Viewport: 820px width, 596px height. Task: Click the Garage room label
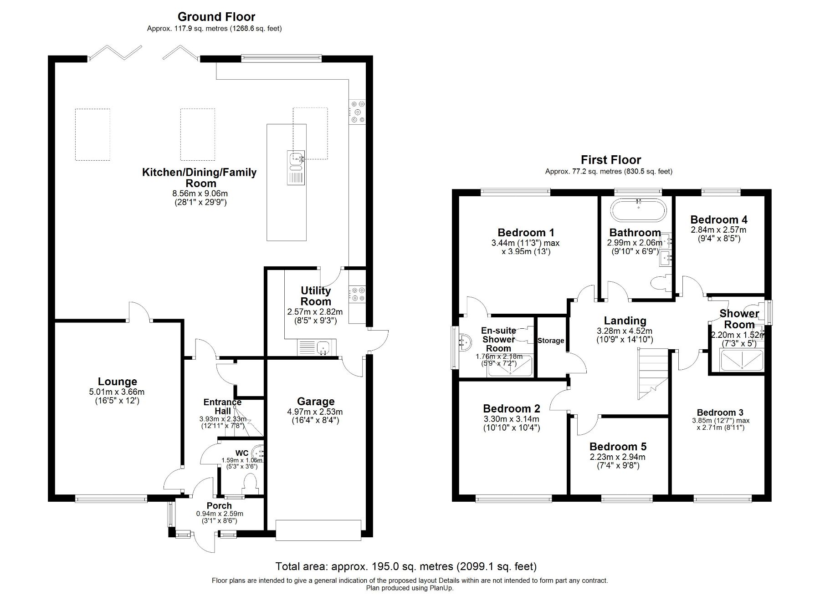pos(316,402)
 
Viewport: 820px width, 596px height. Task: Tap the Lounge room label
pos(117,382)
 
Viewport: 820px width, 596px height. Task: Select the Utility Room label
pos(316,296)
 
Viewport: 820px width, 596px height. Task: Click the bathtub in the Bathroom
pos(638,210)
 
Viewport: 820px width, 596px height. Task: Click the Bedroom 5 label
pos(618,447)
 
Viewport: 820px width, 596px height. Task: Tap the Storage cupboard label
pos(551,341)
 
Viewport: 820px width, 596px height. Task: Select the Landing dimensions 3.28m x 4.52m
pos(625,331)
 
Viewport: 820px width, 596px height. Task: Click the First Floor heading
pos(610,160)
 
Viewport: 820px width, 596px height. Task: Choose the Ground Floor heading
pos(216,17)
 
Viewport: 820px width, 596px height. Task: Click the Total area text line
pos(406,566)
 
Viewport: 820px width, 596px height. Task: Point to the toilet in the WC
pos(251,484)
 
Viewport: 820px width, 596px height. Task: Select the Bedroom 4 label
pos(718,220)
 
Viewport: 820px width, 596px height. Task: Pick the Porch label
pos(219,506)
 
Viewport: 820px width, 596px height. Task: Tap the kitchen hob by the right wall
pos(357,112)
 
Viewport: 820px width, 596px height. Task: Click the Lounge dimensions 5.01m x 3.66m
pos(117,392)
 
